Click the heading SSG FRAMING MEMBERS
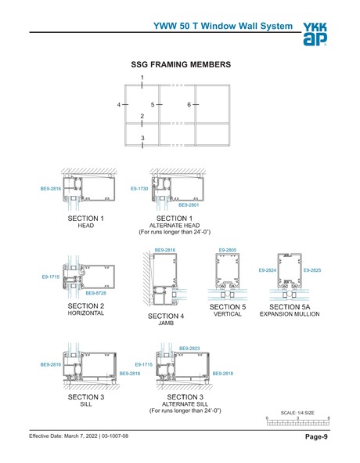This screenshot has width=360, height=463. [179, 63]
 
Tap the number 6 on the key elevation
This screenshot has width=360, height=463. [189, 104]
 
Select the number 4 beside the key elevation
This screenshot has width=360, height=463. [120, 104]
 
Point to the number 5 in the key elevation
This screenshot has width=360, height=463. [153, 104]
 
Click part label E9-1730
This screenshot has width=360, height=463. [139, 189]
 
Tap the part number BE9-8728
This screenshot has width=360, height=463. [96, 293]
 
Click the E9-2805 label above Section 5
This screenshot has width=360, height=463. [227, 250]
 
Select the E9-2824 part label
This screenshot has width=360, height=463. [268, 270]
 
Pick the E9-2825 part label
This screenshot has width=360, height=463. [312, 270]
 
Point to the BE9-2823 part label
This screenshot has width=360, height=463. [189, 348]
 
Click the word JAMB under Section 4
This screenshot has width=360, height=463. [165, 324]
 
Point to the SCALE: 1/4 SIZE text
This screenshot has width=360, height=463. [297, 412]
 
